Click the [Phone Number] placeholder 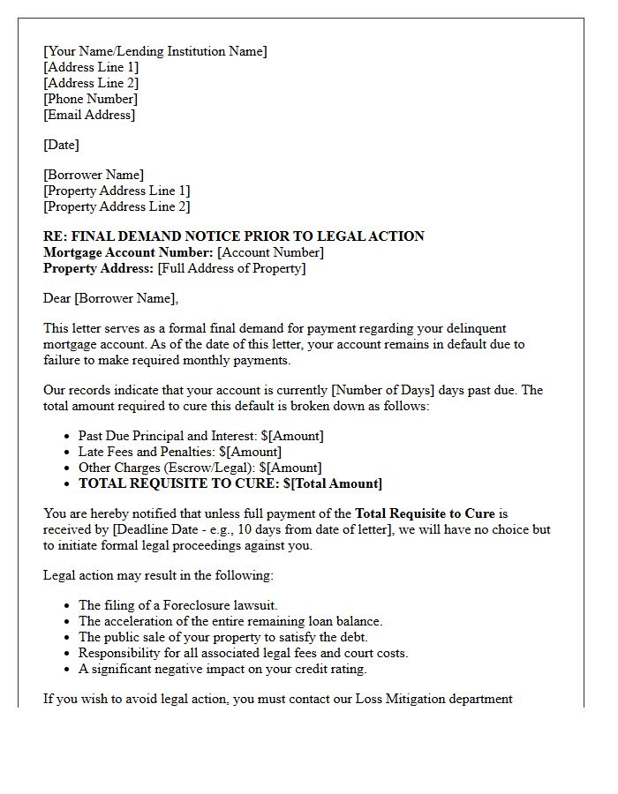(90, 99)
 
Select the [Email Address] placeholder (89, 115)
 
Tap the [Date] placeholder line (61, 145)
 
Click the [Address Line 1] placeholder (91, 67)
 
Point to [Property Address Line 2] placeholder (117, 206)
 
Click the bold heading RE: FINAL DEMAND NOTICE (234, 236)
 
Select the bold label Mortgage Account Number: (128, 252)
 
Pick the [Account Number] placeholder (270, 252)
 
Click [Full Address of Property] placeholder (231, 268)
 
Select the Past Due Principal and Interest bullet (200, 436)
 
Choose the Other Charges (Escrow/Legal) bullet (200, 468)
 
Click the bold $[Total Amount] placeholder (333, 483)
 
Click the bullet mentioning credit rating (222, 669)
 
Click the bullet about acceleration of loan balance (230, 621)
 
